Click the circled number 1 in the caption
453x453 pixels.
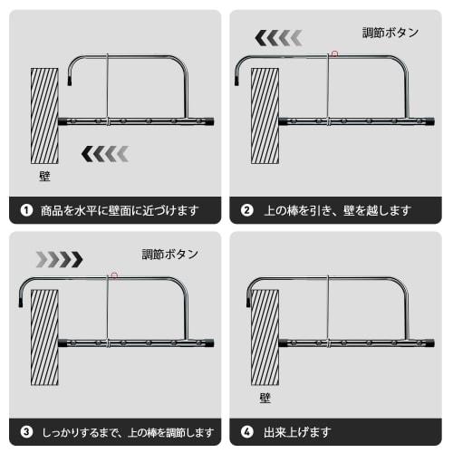27,211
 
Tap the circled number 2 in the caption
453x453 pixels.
246,211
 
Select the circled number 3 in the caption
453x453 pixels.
27,432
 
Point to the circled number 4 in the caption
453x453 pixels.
246,432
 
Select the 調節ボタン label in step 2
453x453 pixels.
390,33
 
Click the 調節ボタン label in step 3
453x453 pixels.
169,255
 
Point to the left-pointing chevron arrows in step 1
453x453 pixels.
105,154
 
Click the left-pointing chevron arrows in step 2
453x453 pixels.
278,37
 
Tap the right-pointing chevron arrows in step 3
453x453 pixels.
59,259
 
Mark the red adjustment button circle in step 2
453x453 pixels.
334,53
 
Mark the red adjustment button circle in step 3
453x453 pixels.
114,275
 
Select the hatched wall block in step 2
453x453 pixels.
264,115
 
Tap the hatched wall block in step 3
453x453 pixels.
43,337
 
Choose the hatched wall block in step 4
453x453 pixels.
264,337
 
